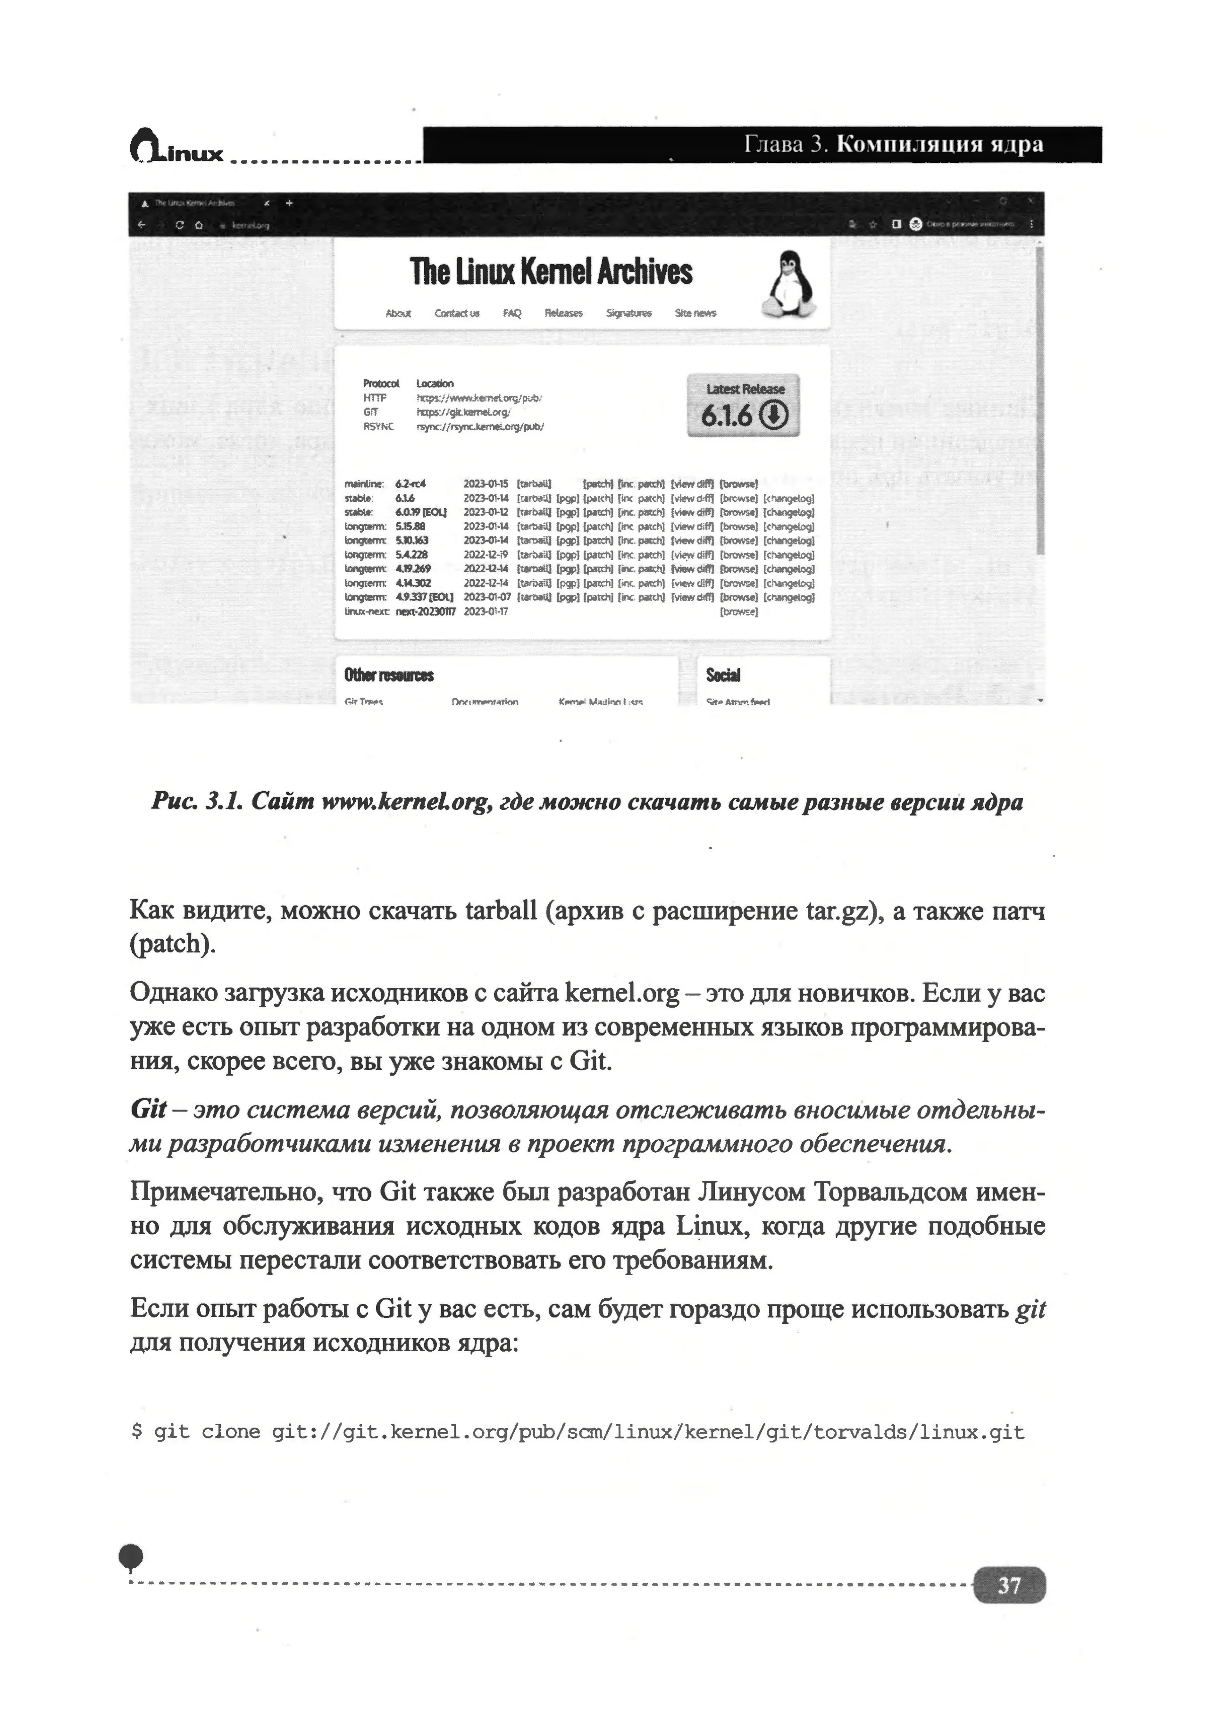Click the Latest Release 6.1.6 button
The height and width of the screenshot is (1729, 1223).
pyautogui.click(x=743, y=405)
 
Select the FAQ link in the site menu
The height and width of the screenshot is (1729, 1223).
pyautogui.click(x=512, y=313)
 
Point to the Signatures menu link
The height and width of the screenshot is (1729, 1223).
pyautogui.click(x=629, y=313)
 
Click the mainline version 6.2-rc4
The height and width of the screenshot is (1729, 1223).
pyautogui.click(x=410, y=484)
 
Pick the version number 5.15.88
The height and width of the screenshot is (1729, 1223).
pyautogui.click(x=410, y=526)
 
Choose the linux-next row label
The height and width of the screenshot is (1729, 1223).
pyautogui.click(x=366, y=611)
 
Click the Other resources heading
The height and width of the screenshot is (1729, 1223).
pyautogui.click(x=389, y=675)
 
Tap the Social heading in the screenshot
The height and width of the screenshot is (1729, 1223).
pyautogui.click(x=723, y=675)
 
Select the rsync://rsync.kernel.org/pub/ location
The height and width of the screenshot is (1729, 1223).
pyautogui.click(x=480, y=426)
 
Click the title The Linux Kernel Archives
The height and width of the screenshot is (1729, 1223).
pyautogui.click(x=551, y=272)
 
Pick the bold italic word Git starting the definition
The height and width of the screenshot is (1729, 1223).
pyautogui.click(x=148, y=1109)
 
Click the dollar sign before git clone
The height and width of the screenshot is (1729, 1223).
pyautogui.click(x=136, y=1431)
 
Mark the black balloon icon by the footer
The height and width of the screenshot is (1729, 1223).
pyautogui.click(x=131, y=1556)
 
